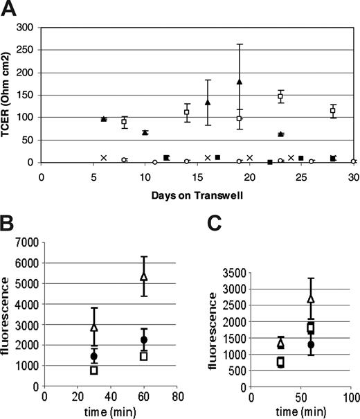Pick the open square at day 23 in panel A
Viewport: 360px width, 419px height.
280,97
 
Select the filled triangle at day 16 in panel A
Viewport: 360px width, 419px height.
208,102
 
